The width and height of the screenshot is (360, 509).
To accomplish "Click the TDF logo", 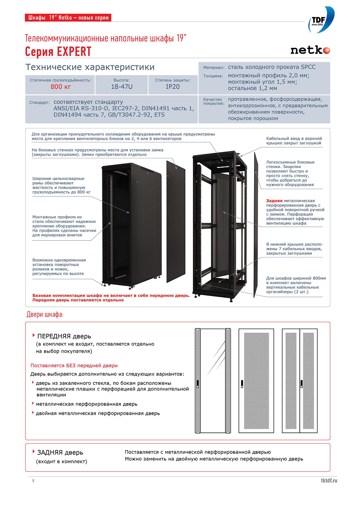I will coord(321,20).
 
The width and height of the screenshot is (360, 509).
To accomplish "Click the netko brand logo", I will coord(310,50).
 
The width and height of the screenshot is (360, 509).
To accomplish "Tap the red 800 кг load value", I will coord(61,87).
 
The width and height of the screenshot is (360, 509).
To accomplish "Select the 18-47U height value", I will coord(121,87).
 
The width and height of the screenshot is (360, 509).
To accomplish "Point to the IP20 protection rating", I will coord(172,87).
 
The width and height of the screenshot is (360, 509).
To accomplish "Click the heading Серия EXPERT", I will coord(58,52).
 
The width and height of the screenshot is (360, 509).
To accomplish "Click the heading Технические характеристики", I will coord(90,67).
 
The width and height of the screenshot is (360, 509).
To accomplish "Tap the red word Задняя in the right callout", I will coord(274,201).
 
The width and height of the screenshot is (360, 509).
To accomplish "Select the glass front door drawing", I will coord(213,381).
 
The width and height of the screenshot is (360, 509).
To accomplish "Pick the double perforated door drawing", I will coord(300,381).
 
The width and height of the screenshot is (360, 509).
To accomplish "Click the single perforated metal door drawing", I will coord(256,381).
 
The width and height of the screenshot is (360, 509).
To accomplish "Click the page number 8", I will coord(33,481).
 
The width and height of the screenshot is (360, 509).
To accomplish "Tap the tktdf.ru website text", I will coord(329,480).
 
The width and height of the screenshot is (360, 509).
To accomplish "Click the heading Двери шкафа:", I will coord(45,314).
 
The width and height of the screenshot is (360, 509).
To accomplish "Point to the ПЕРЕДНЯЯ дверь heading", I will coord(64,336).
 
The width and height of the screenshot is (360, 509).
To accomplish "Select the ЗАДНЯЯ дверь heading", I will coord(60,452).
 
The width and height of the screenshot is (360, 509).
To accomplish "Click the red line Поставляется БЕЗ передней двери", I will coord(74,365).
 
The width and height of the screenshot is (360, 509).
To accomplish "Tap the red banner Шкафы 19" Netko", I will coord(68,17).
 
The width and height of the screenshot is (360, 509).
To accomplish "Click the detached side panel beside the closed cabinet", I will coord(176,221).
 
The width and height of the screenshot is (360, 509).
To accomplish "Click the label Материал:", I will coord(214,68).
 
